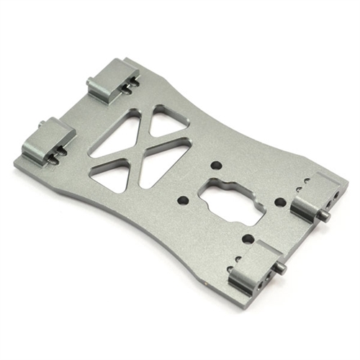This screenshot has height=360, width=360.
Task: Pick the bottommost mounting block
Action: point(256,264)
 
